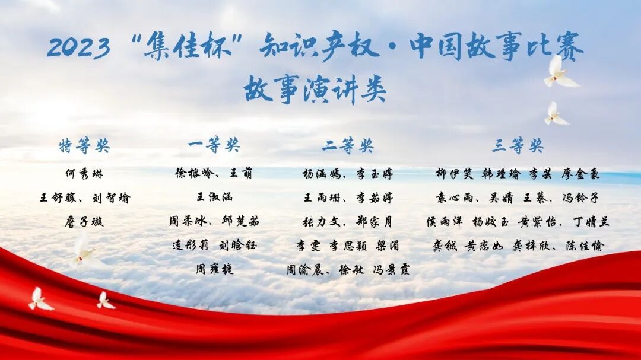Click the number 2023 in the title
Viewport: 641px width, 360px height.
pos(78,47)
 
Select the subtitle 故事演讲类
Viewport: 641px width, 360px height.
pos(315,90)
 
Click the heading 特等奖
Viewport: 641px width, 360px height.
pos(84,145)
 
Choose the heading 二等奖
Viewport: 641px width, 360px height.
pos(348,145)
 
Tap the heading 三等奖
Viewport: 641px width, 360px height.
pos(518,145)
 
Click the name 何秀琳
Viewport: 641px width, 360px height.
pos(84,174)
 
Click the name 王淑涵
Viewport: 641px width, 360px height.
pos(214,197)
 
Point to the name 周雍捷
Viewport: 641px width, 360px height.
pos(214,269)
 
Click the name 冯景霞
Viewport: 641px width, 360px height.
pos(391,269)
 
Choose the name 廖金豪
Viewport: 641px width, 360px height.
pos(581,174)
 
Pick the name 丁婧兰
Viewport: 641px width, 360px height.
pos(591,221)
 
